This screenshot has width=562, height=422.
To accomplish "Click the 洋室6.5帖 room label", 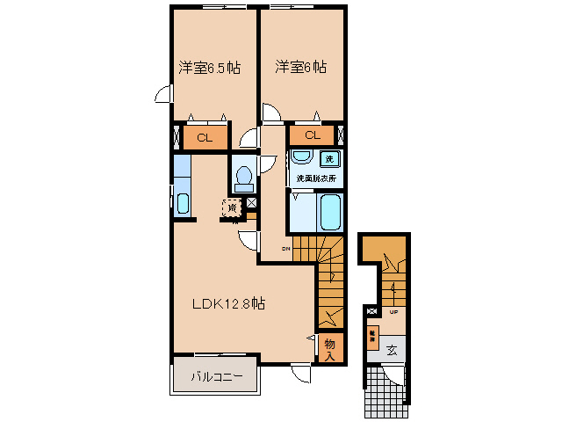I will [x=210, y=68].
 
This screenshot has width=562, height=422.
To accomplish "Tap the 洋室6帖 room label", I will [x=300, y=67].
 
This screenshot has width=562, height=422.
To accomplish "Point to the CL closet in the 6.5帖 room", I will [x=205, y=137].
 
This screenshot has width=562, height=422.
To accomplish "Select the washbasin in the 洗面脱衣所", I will [x=301, y=157].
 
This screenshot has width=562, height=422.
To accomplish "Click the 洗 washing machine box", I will [x=329, y=159].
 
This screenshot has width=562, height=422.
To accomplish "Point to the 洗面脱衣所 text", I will [x=315, y=178].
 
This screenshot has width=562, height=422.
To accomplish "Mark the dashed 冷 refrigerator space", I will [x=231, y=209].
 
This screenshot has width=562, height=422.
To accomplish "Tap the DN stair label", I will [x=285, y=250].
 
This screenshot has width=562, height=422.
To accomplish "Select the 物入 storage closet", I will [x=330, y=348].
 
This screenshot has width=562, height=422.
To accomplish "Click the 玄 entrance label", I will [x=393, y=349].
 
